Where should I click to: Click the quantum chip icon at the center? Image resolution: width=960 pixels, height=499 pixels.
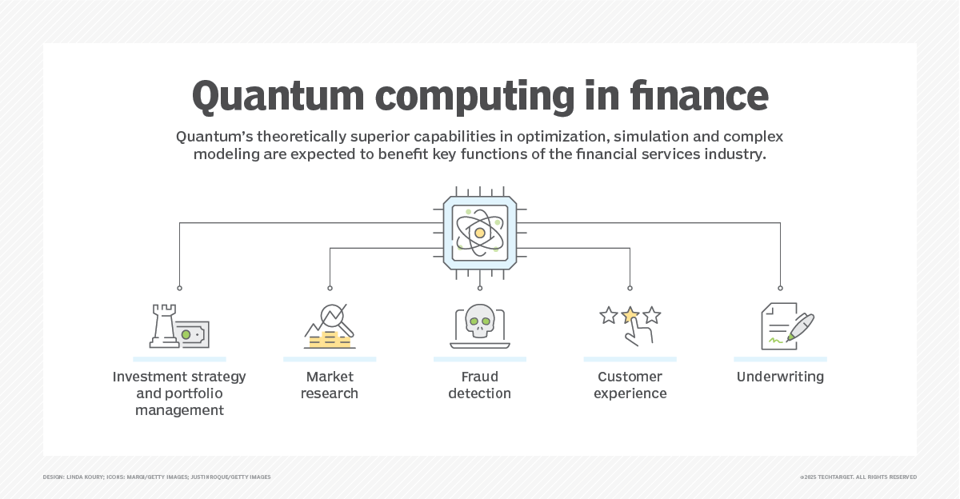480,233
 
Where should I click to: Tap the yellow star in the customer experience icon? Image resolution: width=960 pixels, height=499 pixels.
630,315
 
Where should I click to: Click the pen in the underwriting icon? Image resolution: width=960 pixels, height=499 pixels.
801,326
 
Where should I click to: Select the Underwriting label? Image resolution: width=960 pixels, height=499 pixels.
780,377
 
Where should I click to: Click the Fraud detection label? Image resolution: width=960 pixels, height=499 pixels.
480,385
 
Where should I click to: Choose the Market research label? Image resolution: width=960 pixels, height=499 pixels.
330,385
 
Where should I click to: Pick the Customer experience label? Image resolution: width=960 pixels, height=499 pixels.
630,385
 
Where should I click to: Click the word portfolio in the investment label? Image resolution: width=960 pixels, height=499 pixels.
192,393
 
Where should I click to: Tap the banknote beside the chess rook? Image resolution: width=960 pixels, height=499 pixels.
192,333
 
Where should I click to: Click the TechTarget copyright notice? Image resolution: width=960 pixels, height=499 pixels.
858,477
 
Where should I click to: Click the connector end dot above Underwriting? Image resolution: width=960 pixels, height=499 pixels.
780,288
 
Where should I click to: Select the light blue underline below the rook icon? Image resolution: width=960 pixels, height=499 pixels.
179,359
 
